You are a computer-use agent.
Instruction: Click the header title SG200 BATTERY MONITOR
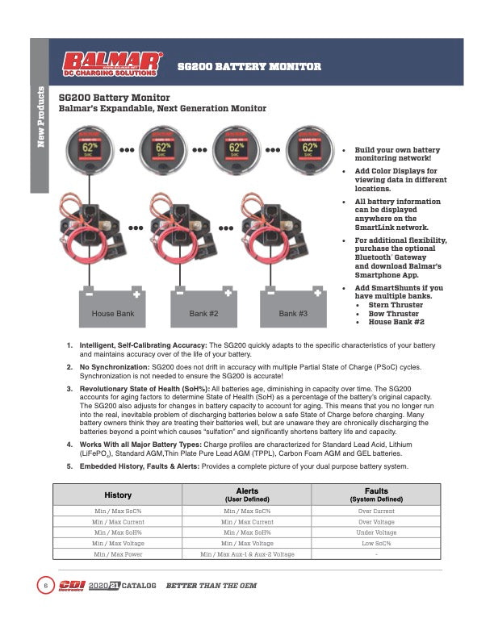249,66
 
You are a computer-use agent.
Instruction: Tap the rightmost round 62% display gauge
309,148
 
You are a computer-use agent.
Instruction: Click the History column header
118,495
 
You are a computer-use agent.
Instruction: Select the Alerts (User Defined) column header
247,495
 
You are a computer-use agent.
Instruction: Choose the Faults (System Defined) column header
376,495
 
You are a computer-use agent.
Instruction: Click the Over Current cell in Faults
376,512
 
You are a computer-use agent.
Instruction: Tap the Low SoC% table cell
376,543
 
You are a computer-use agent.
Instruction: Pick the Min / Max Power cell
118,554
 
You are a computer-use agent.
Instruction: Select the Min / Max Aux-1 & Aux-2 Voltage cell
247,554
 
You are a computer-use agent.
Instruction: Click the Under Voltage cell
376,532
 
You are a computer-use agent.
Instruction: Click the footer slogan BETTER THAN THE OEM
211,585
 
